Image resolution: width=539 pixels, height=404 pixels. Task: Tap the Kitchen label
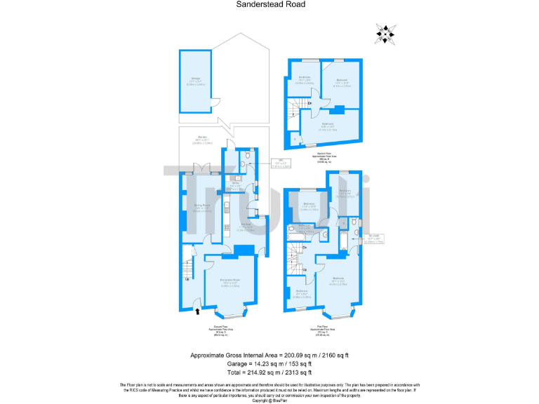[x=245, y=227]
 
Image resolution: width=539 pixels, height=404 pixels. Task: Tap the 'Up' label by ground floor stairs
[x=187, y=279]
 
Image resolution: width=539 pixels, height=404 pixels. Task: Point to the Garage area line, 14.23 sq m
[x=269, y=365]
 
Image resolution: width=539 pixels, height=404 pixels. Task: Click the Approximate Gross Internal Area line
[x=269, y=356]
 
